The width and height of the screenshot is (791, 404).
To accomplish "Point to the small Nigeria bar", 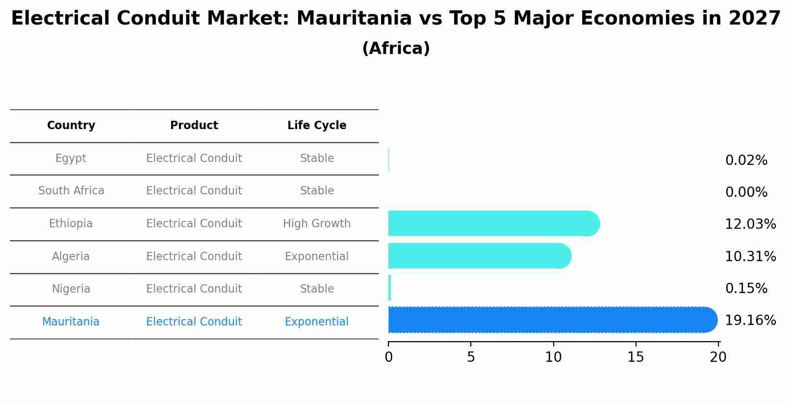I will coord(390,288).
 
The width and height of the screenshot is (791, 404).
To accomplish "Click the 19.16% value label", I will coord(750,321).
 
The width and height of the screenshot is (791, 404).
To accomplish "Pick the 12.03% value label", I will coord(750,224).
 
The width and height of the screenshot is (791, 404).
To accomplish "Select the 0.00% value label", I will coord(746,192).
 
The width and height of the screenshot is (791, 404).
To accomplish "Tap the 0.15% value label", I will coord(746,289).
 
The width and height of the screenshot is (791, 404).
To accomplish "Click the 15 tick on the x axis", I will coord(636,357).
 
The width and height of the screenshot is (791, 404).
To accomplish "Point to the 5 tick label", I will coord(471,357).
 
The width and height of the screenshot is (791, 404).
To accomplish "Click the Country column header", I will coord(71,126).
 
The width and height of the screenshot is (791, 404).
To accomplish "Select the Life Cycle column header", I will coord(317,126).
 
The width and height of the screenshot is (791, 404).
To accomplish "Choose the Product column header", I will coord(194,126).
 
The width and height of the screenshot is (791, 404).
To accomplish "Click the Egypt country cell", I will coord(71,159).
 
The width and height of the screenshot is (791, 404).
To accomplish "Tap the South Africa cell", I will coord(71,191).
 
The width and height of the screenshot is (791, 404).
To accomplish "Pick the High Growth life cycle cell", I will coord(317,224).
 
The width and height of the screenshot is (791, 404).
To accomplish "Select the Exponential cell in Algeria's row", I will coord(317,256).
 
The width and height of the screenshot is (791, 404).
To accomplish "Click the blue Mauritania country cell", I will coord(71,322).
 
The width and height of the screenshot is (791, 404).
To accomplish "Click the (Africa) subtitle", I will coord(396,49).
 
